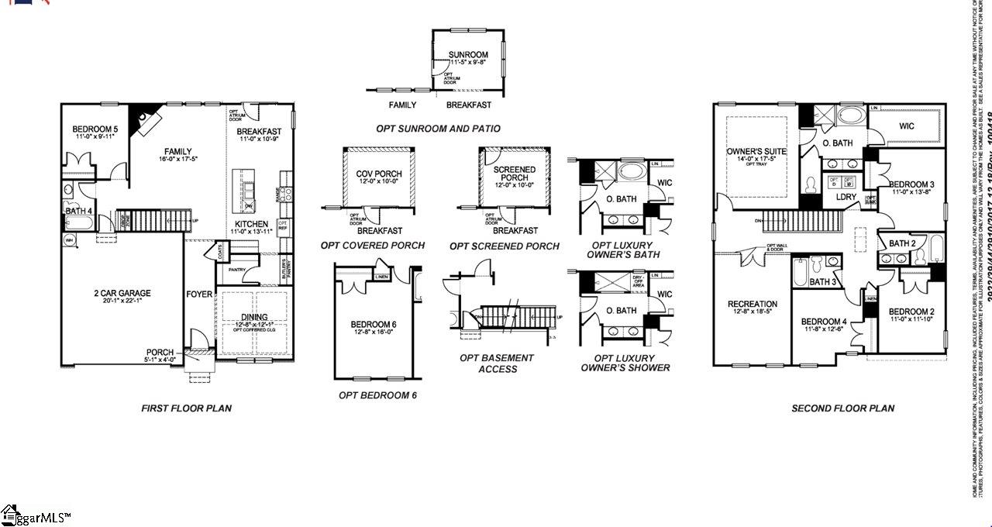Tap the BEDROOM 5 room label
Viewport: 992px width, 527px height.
pos(95,129)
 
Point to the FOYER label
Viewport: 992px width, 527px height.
pos(199,294)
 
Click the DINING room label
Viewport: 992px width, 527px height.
pos(254,317)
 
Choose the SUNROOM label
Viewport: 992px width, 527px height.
pos(469,55)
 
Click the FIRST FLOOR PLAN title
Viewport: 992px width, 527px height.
pos(186,408)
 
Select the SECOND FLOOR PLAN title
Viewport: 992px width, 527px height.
pos(842,408)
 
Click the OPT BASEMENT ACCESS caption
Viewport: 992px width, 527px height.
pos(497,363)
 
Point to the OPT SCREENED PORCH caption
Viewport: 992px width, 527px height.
pos(505,246)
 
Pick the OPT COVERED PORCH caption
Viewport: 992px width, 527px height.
pos(373,246)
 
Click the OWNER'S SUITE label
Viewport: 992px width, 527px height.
pos(756,152)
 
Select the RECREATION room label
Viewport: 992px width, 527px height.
pos(752,304)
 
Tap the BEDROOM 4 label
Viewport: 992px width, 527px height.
pos(824,322)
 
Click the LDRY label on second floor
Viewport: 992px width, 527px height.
pos(846,198)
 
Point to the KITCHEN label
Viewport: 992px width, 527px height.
pos(252,225)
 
